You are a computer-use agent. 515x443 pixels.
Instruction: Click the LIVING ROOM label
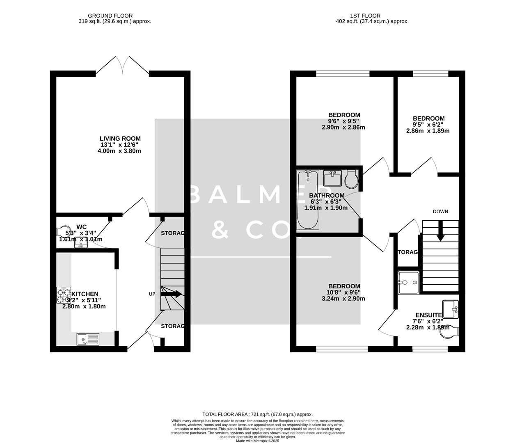pos(120,139)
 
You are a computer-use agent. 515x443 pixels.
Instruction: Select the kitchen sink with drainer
pos(88,339)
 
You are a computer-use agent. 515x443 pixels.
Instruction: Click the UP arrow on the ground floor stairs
pos(172,294)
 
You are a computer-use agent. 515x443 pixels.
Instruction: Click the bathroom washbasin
pos(332,178)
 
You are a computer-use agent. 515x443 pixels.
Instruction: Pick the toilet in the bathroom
pos(351,178)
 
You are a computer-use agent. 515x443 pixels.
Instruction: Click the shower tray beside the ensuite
pos(408,283)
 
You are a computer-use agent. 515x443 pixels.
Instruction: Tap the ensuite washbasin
pos(451,308)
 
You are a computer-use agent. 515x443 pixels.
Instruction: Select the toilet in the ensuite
pos(449,333)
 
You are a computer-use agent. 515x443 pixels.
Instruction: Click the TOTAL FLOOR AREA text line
pos(257,415)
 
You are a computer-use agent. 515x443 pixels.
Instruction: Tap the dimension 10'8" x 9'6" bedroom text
pos(343,292)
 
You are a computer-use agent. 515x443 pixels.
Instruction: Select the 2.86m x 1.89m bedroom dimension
pos(428,131)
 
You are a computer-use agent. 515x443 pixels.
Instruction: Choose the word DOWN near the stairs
pos(440,212)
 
